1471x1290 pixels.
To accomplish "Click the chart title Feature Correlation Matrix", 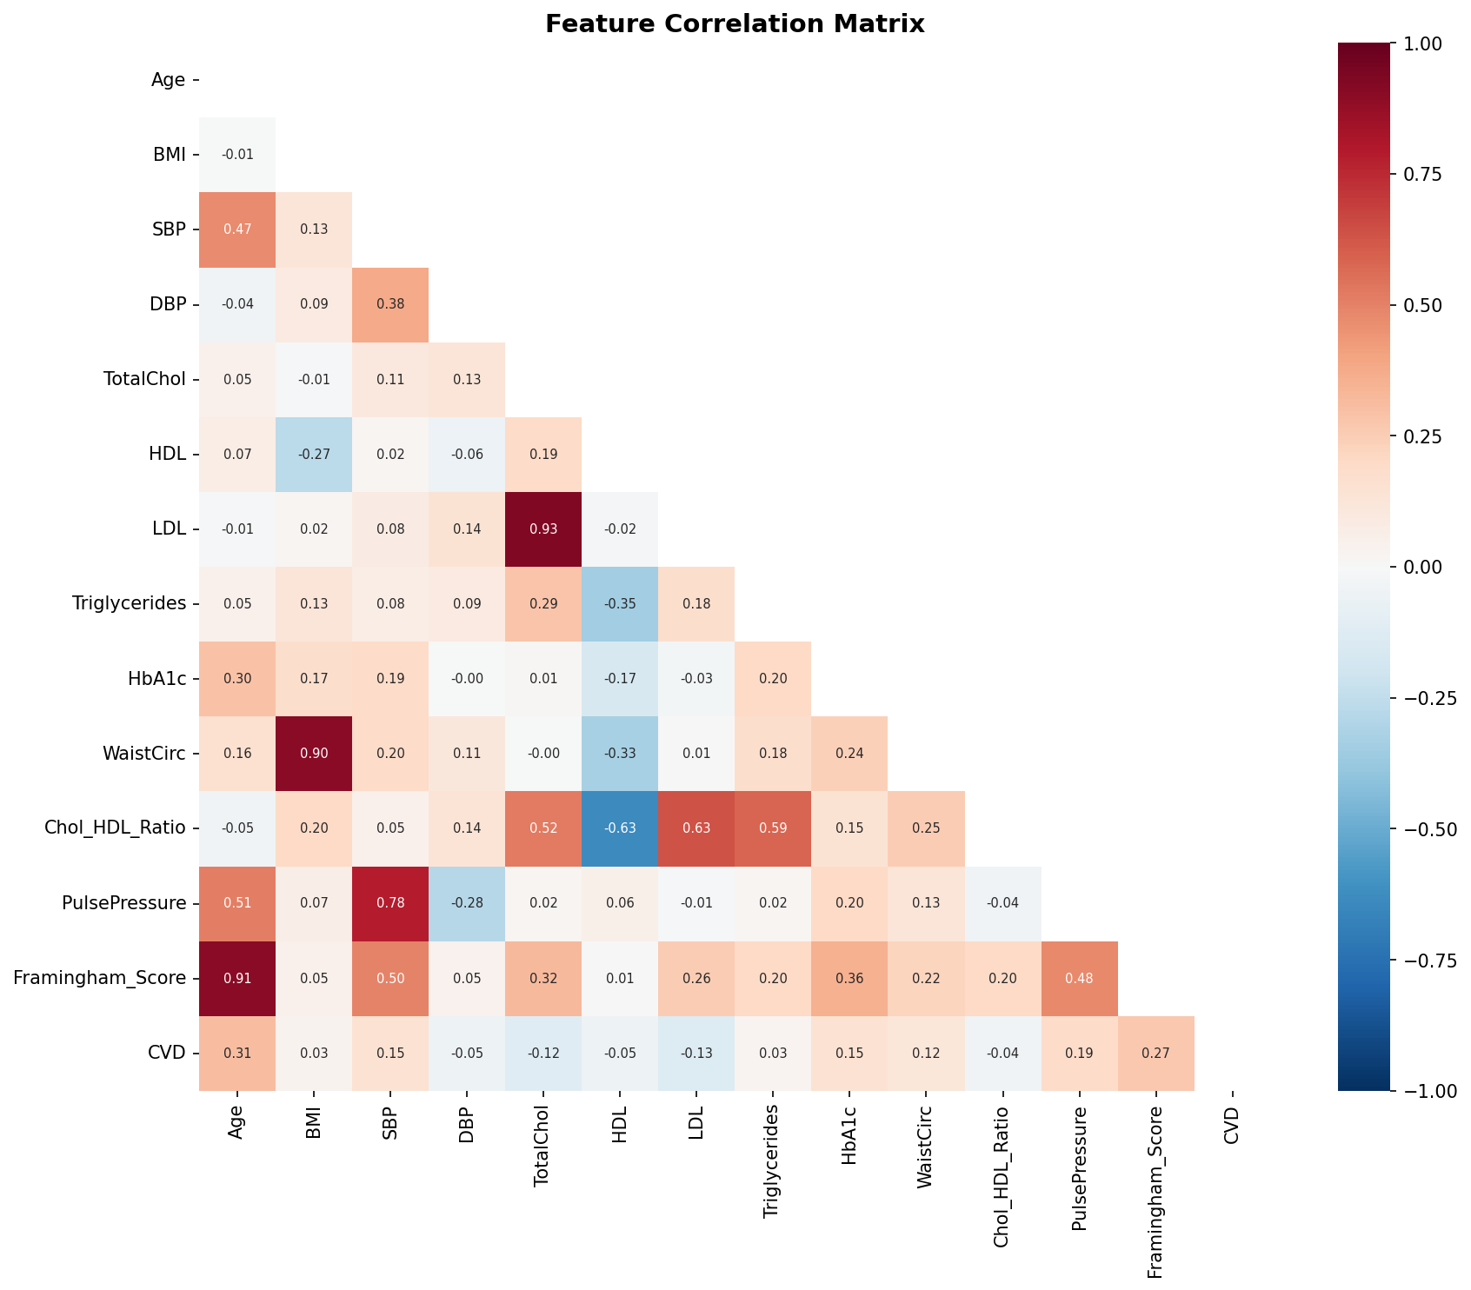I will pyautogui.click(x=735, y=24).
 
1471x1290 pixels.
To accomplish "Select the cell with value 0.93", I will pyautogui.click(x=543, y=529).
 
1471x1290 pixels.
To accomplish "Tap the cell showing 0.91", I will pyautogui.click(x=237, y=978).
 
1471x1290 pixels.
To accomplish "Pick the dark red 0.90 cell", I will pyautogui.click(x=314, y=754).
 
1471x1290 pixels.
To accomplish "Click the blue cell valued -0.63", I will pyautogui.click(x=620, y=828).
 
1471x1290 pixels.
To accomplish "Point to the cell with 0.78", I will pyautogui.click(x=390, y=903).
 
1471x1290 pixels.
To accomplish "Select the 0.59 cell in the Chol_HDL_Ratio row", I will pyautogui.click(x=773, y=828).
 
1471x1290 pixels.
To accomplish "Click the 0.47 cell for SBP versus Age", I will pyautogui.click(x=237, y=230).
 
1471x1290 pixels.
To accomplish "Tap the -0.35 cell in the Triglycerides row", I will pyautogui.click(x=620, y=604).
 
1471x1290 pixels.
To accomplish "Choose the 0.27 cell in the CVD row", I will pyautogui.click(x=1155, y=1053).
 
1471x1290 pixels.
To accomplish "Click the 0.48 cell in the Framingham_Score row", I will pyautogui.click(x=1079, y=978).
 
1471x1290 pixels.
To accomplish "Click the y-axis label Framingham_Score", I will pyautogui.click(x=100, y=978).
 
